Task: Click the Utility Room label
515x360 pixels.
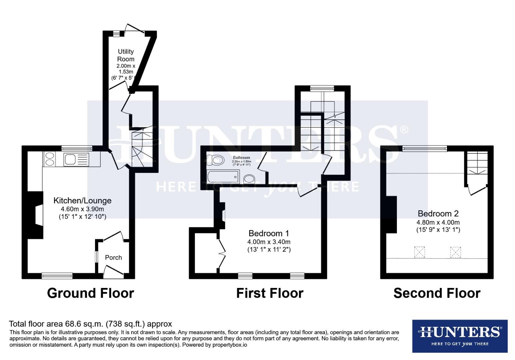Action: (x=126, y=55)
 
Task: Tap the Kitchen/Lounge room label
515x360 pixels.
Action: (x=82, y=201)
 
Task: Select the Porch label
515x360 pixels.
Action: (x=113, y=257)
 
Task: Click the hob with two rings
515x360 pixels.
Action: (x=49, y=159)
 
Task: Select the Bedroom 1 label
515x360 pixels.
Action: (x=269, y=233)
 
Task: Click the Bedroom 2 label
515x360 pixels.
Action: (x=438, y=213)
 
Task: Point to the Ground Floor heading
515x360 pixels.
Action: (x=90, y=293)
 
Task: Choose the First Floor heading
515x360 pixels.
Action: (x=270, y=293)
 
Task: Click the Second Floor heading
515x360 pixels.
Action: (x=437, y=293)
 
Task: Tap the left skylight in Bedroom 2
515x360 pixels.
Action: (x=420, y=252)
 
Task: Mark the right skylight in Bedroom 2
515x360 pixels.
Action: (x=456, y=252)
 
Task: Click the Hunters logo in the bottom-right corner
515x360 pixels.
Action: (x=460, y=336)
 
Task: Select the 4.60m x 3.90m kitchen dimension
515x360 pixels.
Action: (x=82, y=209)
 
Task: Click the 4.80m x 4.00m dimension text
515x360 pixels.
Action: (x=438, y=222)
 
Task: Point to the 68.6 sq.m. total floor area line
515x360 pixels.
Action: (x=90, y=324)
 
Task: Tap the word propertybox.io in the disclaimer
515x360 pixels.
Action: (x=230, y=345)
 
